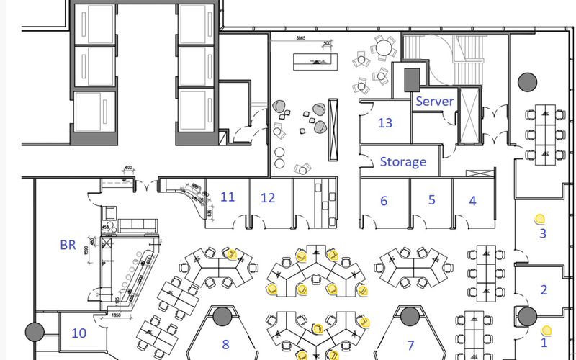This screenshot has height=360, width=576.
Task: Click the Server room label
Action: click(x=434, y=102)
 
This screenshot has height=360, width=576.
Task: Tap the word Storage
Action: click(x=402, y=162)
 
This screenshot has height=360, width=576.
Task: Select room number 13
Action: click(x=385, y=123)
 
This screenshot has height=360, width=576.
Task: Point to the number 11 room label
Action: click(x=228, y=197)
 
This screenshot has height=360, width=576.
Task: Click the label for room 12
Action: click(x=268, y=197)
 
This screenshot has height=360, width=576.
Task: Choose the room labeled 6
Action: click(x=384, y=201)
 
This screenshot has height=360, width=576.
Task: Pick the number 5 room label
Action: click(x=432, y=200)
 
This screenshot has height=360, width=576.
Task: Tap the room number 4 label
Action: click(x=473, y=201)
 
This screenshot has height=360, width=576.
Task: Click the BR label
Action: click(x=68, y=245)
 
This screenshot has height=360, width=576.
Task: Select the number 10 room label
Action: click(x=78, y=333)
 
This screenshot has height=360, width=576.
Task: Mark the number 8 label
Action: click(x=225, y=345)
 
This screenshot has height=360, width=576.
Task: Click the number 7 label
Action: click(x=411, y=345)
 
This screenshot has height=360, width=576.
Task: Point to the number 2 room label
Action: click(x=544, y=289)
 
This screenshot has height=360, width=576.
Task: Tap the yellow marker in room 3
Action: click(x=539, y=217)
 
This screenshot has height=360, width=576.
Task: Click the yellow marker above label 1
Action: click(x=546, y=330)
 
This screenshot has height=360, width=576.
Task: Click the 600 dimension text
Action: click(x=128, y=169)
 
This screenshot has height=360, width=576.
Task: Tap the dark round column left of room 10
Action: click(x=35, y=332)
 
